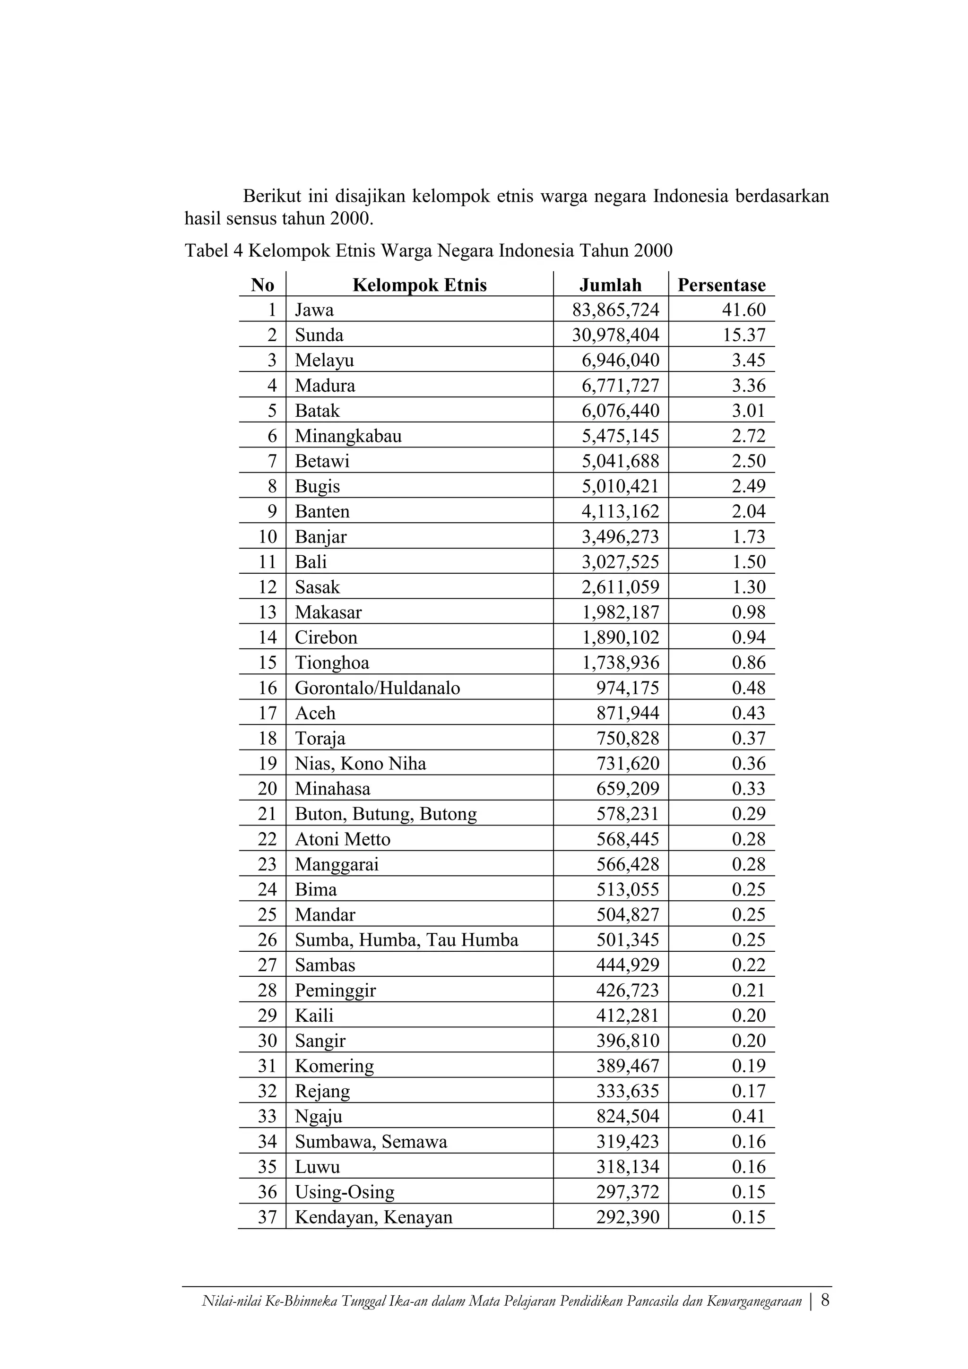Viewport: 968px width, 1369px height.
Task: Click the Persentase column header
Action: [x=721, y=285]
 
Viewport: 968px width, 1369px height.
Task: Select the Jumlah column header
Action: [x=610, y=285]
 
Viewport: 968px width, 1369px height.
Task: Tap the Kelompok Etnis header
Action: [x=419, y=285]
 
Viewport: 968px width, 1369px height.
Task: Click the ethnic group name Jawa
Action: [x=314, y=310]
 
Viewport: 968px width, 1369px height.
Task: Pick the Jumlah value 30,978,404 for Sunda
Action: [x=615, y=335]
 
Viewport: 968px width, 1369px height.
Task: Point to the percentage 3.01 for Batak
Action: [x=749, y=411]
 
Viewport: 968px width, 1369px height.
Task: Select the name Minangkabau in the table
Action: [x=348, y=436]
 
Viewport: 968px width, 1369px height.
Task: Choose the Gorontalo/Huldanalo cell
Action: [x=378, y=688]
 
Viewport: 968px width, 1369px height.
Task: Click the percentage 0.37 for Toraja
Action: [x=749, y=738]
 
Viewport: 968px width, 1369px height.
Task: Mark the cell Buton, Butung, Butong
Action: [x=386, y=814]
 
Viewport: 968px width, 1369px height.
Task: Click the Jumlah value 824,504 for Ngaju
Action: [x=627, y=1116]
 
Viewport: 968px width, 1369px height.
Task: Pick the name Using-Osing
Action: [x=345, y=1192]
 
